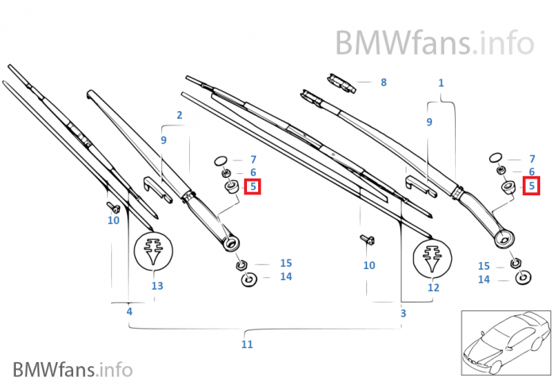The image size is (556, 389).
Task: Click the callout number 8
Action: (x=384, y=82)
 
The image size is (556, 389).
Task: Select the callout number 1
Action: (x=442, y=83)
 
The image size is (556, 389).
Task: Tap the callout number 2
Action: (x=180, y=115)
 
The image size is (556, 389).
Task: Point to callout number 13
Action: (x=156, y=286)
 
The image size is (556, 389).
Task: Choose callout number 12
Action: (x=433, y=287)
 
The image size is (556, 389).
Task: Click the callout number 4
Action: (x=129, y=312)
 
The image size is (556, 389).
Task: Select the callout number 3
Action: (x=403, y=314)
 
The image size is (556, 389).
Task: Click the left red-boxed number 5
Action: (x=253, y=187)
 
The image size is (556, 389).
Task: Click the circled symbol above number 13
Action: (x=156, y=252)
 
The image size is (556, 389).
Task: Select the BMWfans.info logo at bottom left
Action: (x=72, y=369)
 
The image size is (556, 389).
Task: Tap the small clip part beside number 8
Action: (x=340, y=81)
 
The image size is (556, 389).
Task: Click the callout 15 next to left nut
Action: (x=285, y=263)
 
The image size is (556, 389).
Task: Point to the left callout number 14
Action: (x=285, y=277)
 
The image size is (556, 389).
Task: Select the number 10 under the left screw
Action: (x=114, y=220)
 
